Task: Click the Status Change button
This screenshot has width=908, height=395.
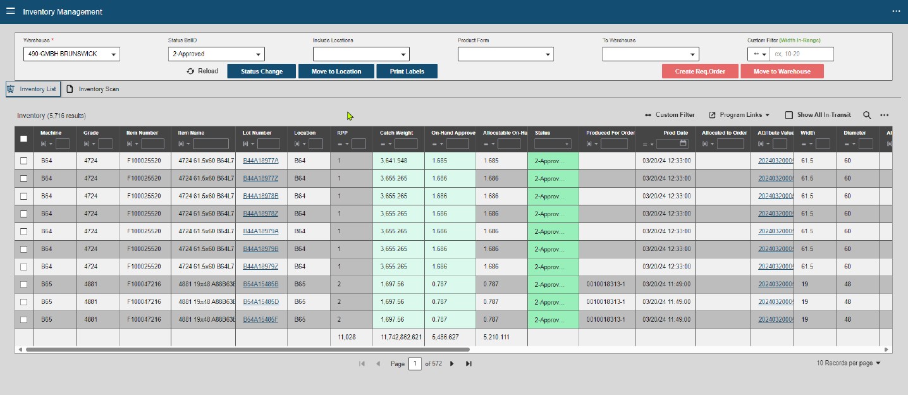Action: tap(262, 71)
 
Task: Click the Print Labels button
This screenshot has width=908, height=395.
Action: tap(407, 71)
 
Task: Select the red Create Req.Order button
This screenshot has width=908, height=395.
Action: tap(700, 71)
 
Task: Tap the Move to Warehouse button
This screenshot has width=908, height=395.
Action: tap(782, 71)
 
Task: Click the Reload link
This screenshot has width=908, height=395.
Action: tap(202, 71)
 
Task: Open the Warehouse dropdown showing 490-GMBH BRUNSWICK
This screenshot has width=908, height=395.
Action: tap(71, 54)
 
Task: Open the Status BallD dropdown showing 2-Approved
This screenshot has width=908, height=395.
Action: tap(216, 54)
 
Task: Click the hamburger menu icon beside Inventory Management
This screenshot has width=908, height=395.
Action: tap(11, 11)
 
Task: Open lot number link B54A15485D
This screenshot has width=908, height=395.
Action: tap(261, 302)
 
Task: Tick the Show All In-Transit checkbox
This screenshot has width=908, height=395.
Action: tap(788, 115)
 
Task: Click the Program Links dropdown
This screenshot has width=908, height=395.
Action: tap(739, 115)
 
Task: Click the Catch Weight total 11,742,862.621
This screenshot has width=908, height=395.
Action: tap(401, 337)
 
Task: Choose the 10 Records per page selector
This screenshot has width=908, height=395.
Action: tap(848, 363)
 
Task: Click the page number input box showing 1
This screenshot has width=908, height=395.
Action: tap(415, 364)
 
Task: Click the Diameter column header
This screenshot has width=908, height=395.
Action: tap(855, 133)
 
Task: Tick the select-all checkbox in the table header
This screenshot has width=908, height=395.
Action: tap(23, 139)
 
